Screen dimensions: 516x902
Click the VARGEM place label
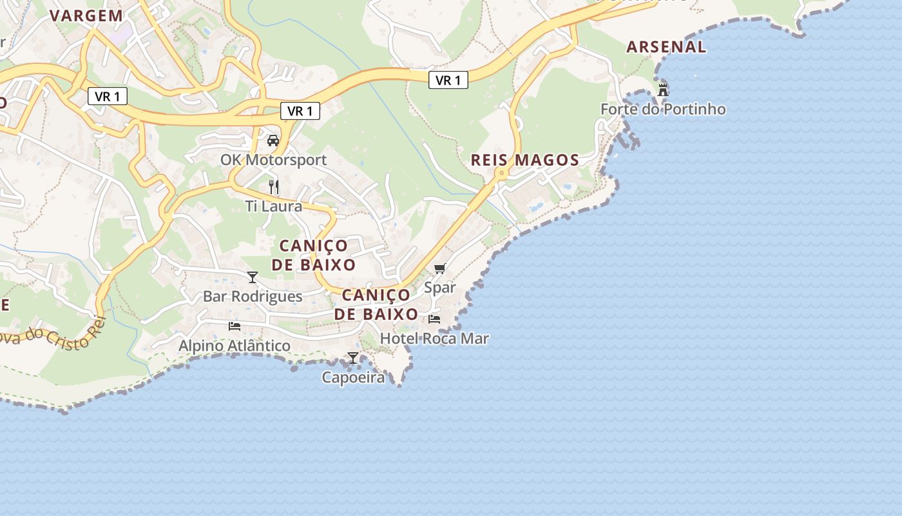[x=86, y=16]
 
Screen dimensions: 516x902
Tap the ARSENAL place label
[x=666, y=47]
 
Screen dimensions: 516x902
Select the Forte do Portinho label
[x=663, y=110]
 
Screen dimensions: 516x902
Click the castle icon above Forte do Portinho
[x=663, y=90]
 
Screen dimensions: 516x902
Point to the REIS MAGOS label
[x=525, y=161]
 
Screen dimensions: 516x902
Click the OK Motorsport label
[x=273, y=160]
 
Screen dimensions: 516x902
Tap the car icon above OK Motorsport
[x=273, y=141]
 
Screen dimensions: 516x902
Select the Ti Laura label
[x=273, y=206]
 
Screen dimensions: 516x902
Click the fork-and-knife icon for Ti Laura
[x=274, y=187]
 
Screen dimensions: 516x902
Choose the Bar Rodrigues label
[x=253, y=297]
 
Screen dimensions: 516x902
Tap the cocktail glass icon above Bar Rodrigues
[x=253, y=277]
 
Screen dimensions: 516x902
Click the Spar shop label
[x=440, y=288]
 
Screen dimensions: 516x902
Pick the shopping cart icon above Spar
[x=440, y=268]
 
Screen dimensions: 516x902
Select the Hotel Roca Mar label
[x=434, y=339]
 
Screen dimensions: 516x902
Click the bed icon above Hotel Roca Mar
[x=434, y=319]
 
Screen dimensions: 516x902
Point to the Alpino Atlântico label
[x=235, y=346]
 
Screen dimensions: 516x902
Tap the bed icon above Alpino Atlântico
[x=235, y=326]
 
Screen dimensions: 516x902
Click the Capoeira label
[x=353, y=378]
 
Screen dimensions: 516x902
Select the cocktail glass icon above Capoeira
[x=353, y=358]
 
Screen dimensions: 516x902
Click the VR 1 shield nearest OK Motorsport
[x=300, y=111]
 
